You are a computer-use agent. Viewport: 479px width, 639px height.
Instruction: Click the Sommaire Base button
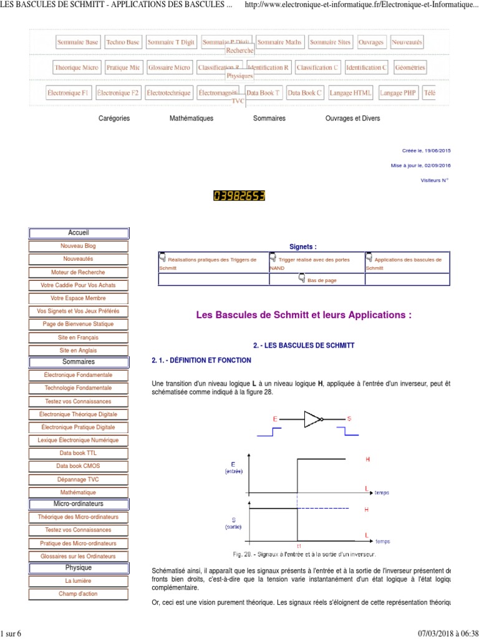[x=77, y=42]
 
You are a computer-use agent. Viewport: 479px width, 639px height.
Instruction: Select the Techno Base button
[x=123, y=42]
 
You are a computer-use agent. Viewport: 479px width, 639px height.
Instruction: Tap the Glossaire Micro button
[x=169, y=67]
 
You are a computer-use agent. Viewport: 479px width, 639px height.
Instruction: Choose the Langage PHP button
[x=398, y=93]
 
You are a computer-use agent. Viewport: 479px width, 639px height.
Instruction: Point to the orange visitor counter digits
[x=239, y=196]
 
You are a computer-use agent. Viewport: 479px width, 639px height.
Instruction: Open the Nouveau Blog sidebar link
[x=79, y=246]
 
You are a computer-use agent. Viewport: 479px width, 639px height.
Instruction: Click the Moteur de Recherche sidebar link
[x=79, y=272]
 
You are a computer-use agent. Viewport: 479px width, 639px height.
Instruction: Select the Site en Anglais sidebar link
[x=79, y=350]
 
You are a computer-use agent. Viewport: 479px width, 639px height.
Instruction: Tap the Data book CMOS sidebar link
[x=79, y=466]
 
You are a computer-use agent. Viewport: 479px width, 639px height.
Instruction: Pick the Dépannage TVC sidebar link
[x=79, y=479]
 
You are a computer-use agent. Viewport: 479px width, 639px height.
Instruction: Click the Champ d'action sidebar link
[x=79, y=593]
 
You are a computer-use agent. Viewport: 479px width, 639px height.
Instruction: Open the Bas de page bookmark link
[x=322, y=280]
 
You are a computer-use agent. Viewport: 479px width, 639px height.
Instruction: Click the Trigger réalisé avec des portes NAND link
[x=314, y=260]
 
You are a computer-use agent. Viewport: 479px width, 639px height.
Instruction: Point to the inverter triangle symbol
[x=312, y=419]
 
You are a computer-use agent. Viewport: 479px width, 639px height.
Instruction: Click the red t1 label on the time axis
[x=298, y=545]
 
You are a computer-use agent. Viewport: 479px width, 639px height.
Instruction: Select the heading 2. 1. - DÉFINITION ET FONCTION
[x=201, y=360]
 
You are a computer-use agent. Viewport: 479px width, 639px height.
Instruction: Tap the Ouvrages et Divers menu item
[x=352, y=118]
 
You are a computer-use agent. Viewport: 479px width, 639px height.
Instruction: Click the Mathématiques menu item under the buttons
[x=191, y=118]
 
